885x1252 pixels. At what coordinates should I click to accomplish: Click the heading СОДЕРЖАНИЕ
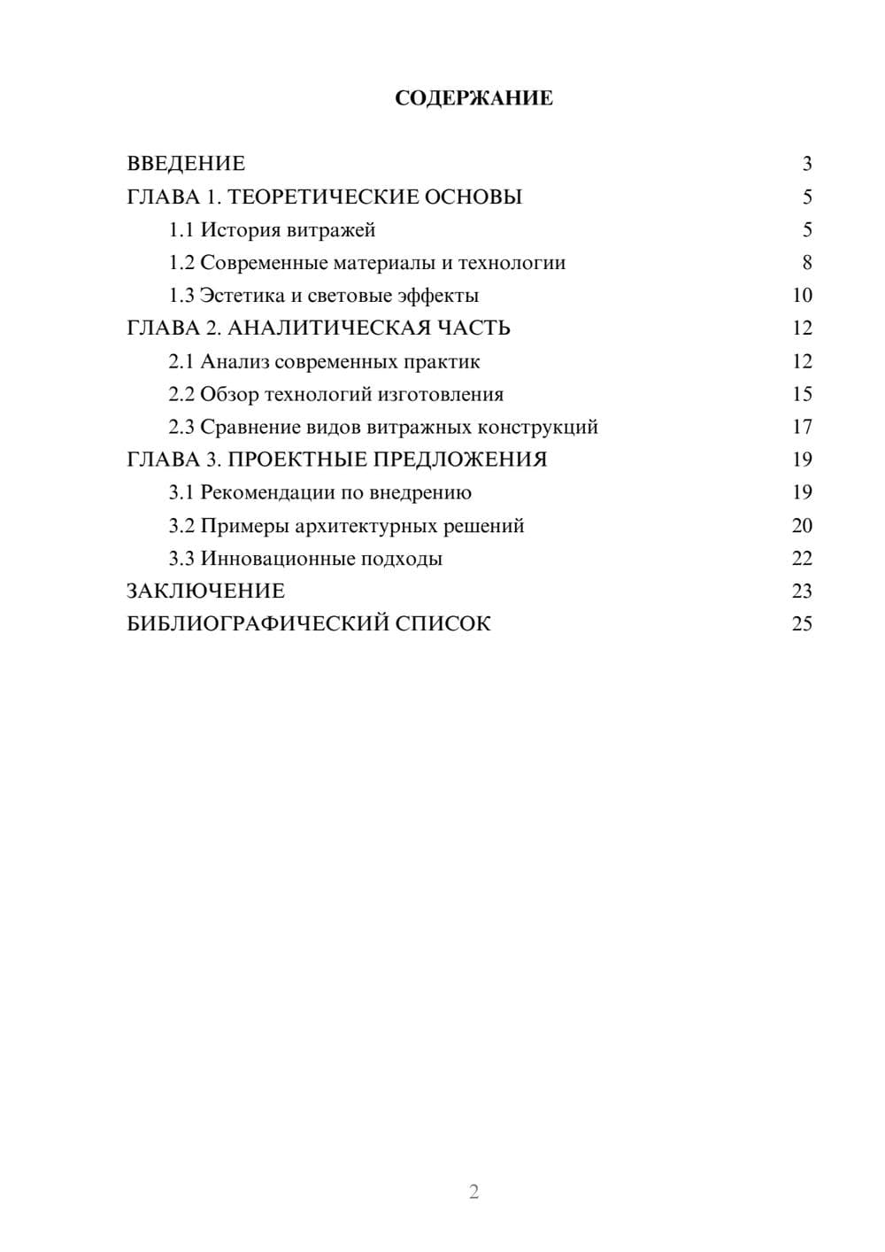click(473, 98)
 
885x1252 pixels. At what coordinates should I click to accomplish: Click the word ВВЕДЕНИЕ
click(186, 164)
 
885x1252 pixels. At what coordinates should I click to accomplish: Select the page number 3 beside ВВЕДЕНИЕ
click(806, 164)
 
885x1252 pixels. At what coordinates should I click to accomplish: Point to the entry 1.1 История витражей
click(272, 230)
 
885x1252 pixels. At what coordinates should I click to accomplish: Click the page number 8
click(806, 263)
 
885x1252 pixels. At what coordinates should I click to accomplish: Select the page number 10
click(802, 296)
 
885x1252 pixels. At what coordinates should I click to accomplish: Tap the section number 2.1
click(181, 361)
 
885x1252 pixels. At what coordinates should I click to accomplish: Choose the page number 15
click(802, 394)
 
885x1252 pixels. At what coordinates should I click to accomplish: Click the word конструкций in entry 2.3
click(537, 428)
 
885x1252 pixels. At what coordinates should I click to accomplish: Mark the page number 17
click(802, 428)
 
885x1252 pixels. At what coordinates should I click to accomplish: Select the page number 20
click(802, 526)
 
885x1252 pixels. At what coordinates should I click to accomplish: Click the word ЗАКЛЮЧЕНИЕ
click(205, 591)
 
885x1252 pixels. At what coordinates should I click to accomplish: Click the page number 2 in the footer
click(473, 1192)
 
